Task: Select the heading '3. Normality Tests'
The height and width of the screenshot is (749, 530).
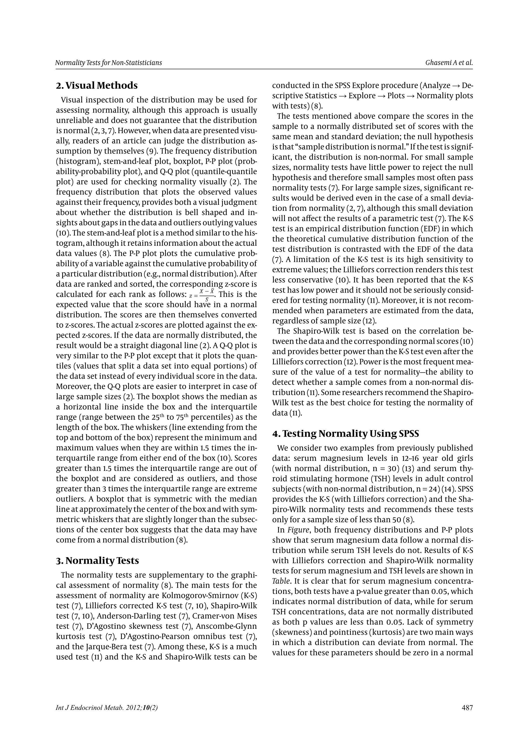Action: click(x=97, y=560)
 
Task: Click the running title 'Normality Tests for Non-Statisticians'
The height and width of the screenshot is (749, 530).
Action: click(x=108, y=63)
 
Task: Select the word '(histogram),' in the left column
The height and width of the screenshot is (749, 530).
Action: click(x=78, y=161)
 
